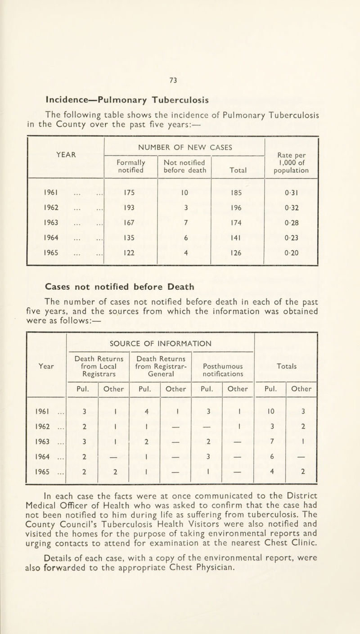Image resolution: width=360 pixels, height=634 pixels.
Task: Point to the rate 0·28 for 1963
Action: [x=292, y=230]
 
